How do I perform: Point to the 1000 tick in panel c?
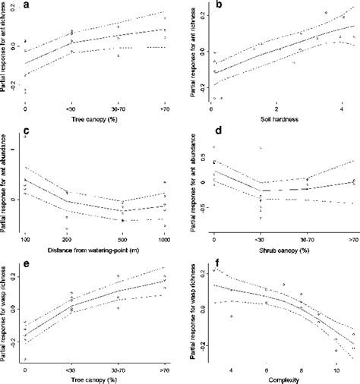pyautogui.click(x=165, y=239)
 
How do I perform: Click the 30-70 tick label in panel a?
pyautogui.click(x=118, y=113)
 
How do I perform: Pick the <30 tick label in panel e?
pyautogui.click(x=71, y=368)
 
